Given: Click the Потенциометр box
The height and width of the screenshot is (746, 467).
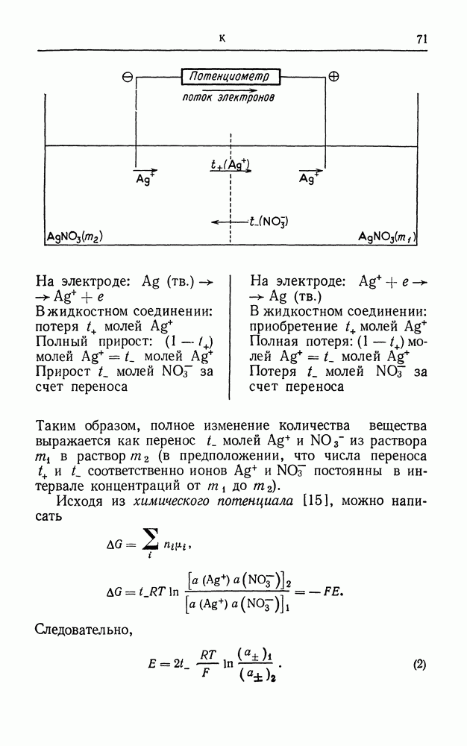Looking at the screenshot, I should point(231,76).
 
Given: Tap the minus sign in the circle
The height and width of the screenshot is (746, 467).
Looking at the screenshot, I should point(128,77).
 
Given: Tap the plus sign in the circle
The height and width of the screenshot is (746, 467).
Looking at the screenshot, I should point(334,76).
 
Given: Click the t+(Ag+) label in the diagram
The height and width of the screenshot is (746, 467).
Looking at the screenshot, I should point(230,164).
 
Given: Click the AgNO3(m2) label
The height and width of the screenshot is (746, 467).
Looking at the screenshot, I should point(74,237).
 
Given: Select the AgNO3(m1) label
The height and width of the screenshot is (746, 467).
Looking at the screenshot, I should point(386,237).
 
